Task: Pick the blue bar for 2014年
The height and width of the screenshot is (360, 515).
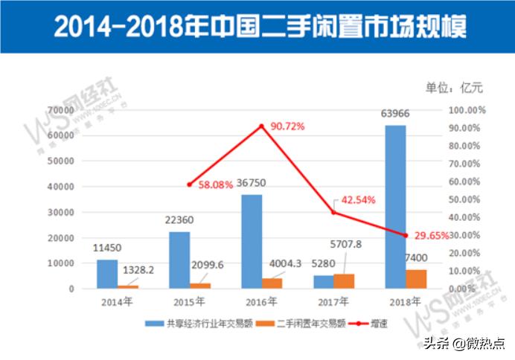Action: pos(107,274)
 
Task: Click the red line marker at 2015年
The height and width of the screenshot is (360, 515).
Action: pos(190,184)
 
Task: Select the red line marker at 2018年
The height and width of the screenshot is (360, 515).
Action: pos(406,235)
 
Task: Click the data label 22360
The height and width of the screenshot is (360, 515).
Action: pos(179,219)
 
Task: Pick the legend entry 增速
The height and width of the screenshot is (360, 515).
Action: pos(377,324)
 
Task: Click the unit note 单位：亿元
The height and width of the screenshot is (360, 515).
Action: pos(454,88)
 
